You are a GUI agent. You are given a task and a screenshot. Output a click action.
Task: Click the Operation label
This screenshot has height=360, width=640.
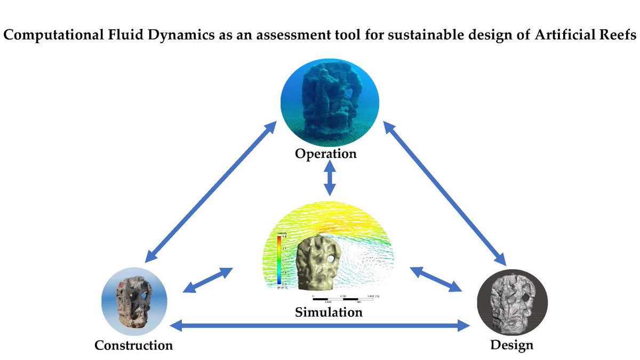pos(325,154)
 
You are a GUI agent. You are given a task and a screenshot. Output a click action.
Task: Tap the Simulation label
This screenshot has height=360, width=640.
pos(329,312)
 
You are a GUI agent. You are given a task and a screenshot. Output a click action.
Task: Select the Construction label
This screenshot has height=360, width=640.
pos(133,345)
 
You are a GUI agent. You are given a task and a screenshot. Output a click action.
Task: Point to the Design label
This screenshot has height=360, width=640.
pos(511,345)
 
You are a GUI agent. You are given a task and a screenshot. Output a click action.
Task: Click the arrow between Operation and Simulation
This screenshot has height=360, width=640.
pos(330,180)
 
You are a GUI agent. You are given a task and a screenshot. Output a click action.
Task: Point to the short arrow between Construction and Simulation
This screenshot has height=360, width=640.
pos(207,281)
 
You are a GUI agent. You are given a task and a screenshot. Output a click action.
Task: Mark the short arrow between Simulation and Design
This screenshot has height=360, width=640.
pos(436,279)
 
